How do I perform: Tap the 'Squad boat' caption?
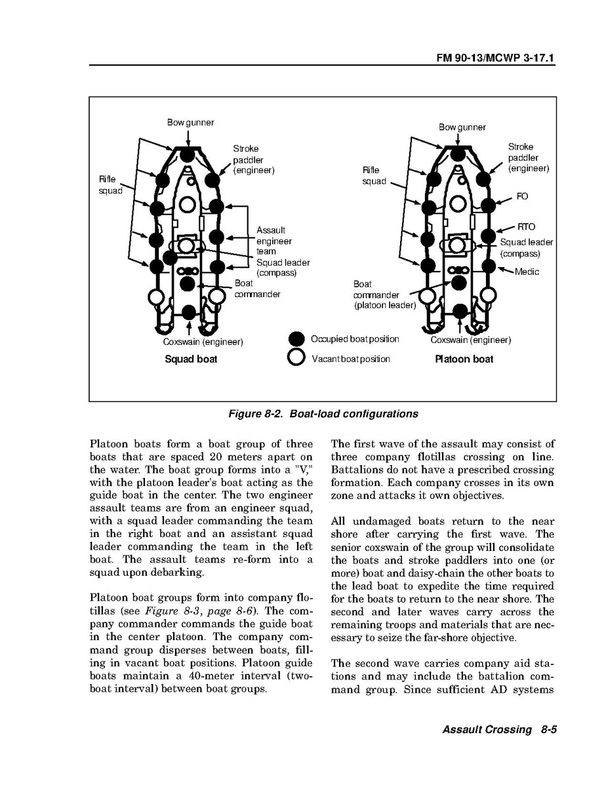190,359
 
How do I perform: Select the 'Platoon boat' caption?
464,359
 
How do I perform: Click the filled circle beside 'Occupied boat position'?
296,339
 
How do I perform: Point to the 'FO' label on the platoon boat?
522,196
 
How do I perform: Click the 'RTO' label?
526,227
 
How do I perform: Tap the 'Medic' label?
527,272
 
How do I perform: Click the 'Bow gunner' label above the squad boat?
190,122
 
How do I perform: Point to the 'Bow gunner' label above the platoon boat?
462,127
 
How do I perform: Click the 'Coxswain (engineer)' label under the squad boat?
203,342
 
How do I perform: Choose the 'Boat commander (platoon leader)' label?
384,294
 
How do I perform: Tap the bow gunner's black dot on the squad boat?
188,155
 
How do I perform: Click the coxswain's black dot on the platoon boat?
458,312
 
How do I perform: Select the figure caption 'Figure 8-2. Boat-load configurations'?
323,414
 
